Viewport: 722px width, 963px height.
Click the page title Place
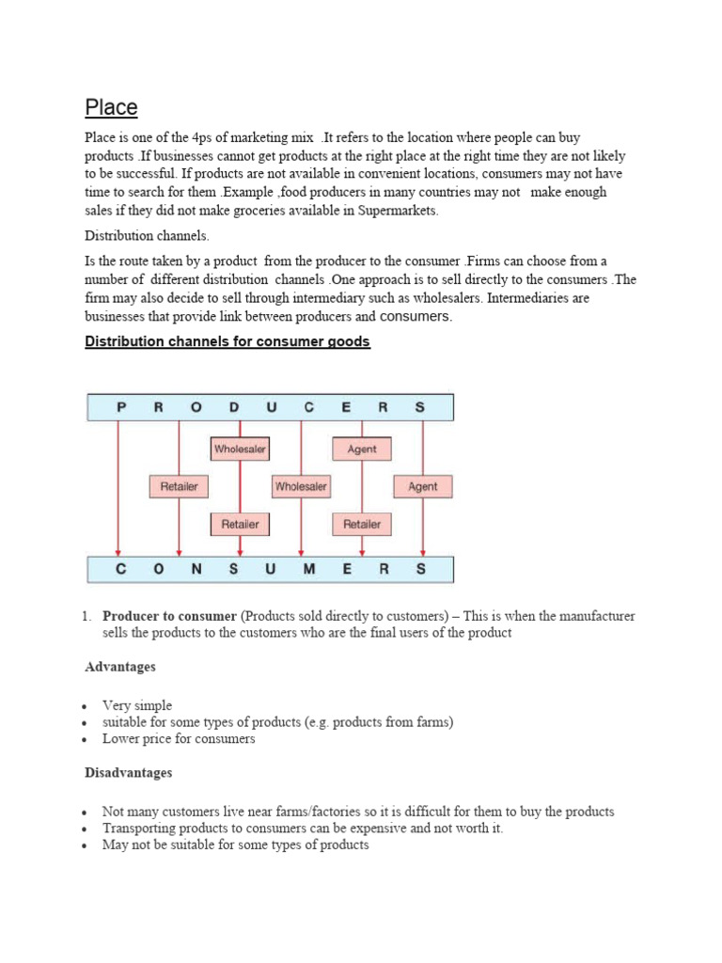point(111,107)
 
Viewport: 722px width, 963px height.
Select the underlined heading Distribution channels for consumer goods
point(228,341)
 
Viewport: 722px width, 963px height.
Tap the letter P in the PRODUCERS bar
point(119,407)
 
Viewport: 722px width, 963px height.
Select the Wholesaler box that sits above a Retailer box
point(240,450)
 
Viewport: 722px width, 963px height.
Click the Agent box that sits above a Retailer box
point(362,450)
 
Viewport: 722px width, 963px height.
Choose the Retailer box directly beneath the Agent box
point(362,524)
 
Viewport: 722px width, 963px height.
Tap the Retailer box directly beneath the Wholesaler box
point(240,524)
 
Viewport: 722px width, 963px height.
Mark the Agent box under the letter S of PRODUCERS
point(422,486)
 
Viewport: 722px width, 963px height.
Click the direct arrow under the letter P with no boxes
point(118,489)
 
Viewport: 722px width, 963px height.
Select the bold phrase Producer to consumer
point(169,616)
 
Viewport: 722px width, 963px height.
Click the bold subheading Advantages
point(120,667)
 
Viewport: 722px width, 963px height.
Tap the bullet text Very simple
point(137,705)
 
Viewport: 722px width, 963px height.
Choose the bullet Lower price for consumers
point(179,739)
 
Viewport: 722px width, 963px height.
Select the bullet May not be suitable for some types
point(235,845)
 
